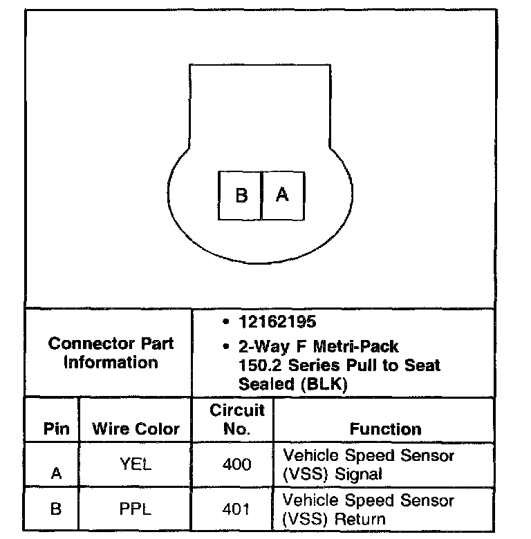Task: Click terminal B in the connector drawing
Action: [x=240, y=196]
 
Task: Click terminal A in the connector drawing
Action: [x=283, y=196]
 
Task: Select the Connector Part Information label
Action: [x=111, y=352]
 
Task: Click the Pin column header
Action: [x=56, y=429]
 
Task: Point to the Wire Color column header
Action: [x=136, y=429]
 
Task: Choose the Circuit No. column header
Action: [x=237, y=419]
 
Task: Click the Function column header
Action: [x=385, y=429]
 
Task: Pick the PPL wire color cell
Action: [x=135, y=510]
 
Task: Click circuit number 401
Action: [x=237, y=510]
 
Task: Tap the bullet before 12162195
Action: [x=225, y=321]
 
